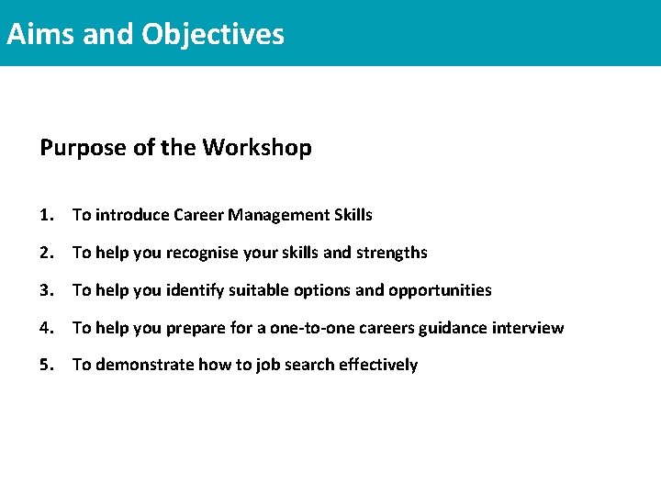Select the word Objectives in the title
point(213,34)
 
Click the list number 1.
point(47,215)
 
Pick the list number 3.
point(47,290)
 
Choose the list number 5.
point(47,366)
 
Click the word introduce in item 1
point(127,215)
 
